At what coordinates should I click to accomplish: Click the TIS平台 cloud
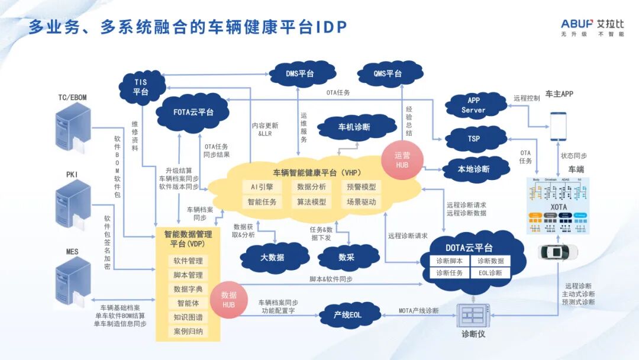(141, 86)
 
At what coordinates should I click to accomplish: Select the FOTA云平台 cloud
(193, 111)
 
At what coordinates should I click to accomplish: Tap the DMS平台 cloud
(299, 73)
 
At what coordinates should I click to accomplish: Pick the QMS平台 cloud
(388, 73)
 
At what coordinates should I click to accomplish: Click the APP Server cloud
(474, 105)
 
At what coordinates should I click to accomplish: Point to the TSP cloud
(474, 139)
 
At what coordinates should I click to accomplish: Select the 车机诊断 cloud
(354, 127)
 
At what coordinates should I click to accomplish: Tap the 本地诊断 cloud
(474, 169)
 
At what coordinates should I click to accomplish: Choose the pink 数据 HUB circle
(228, 298)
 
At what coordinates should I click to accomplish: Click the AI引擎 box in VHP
(262, 187)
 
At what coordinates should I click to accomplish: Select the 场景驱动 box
(361, 202)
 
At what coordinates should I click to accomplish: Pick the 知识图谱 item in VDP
(188, 317)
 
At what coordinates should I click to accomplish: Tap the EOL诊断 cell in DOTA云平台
(490, 273)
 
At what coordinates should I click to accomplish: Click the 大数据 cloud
(272, 257)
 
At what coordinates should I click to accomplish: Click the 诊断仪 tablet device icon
(474, 315)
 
